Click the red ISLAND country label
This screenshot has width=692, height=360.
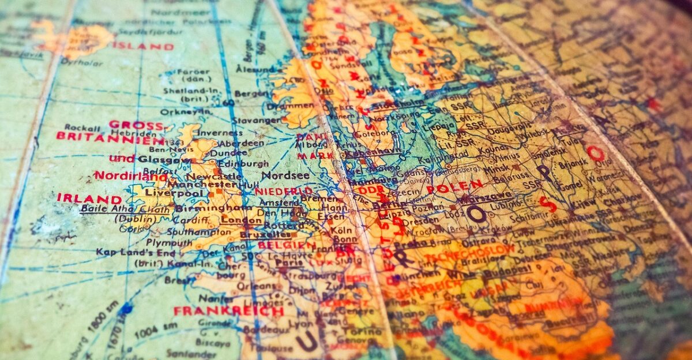pos(142,46)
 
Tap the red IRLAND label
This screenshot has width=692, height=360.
pos(81,198)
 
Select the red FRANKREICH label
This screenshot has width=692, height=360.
pos(228,311)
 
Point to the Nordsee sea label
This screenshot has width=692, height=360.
pos(281,175)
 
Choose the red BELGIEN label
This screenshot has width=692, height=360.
pos(279,245)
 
